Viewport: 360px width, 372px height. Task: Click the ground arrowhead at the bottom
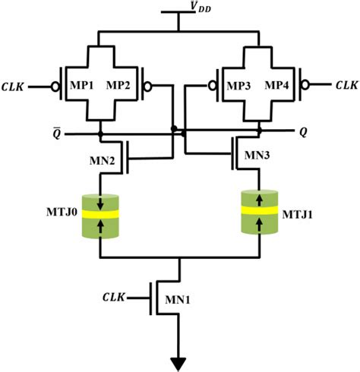(x=179, y=361)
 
